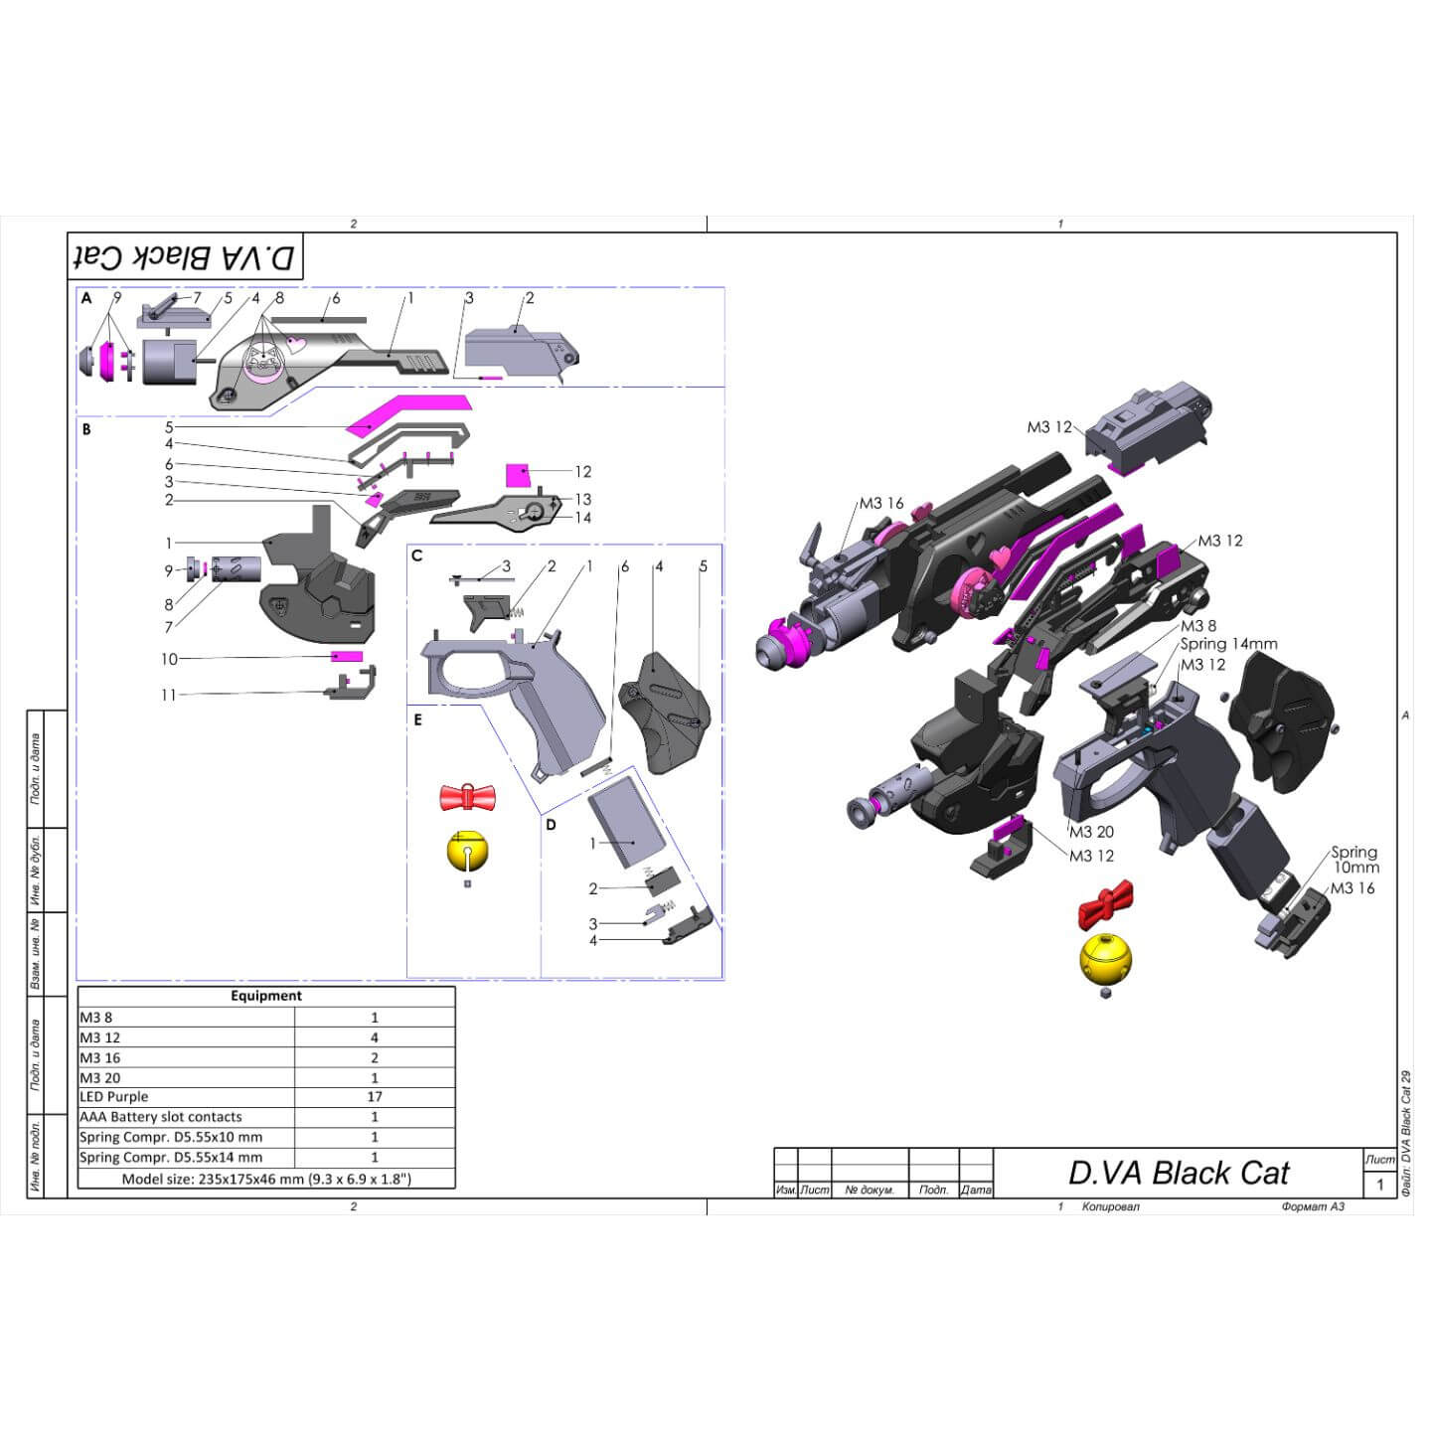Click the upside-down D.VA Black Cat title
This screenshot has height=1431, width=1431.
[x=186, y=257]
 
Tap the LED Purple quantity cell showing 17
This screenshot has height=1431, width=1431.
[x=375, y=1097]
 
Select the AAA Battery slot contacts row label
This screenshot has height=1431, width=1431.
[x=161, y=1117]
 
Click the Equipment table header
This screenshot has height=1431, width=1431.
[x=266, y=996]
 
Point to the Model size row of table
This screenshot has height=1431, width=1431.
[x=266, y=1179]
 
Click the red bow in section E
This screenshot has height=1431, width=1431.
[x=467, y=797]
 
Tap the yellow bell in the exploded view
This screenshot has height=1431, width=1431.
[x=1105, y=958]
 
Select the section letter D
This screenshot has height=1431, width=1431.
[x=551, y=825]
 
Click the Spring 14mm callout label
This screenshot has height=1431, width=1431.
[x=1228, y=644]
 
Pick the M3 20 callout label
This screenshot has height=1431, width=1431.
[x=1091, y=832]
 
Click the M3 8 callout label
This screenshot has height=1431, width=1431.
[x=1197, y=626]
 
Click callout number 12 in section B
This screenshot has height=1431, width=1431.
[x=583, y=472]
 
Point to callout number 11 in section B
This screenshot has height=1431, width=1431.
[x=169, y=695]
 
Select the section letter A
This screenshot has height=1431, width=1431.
[x=86, y=298]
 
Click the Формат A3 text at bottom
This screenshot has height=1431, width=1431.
[x=1313, y=1206]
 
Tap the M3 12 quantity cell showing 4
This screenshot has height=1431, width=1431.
[x=375, y=1037]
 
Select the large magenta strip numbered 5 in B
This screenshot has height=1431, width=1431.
[x=407, y=412]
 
